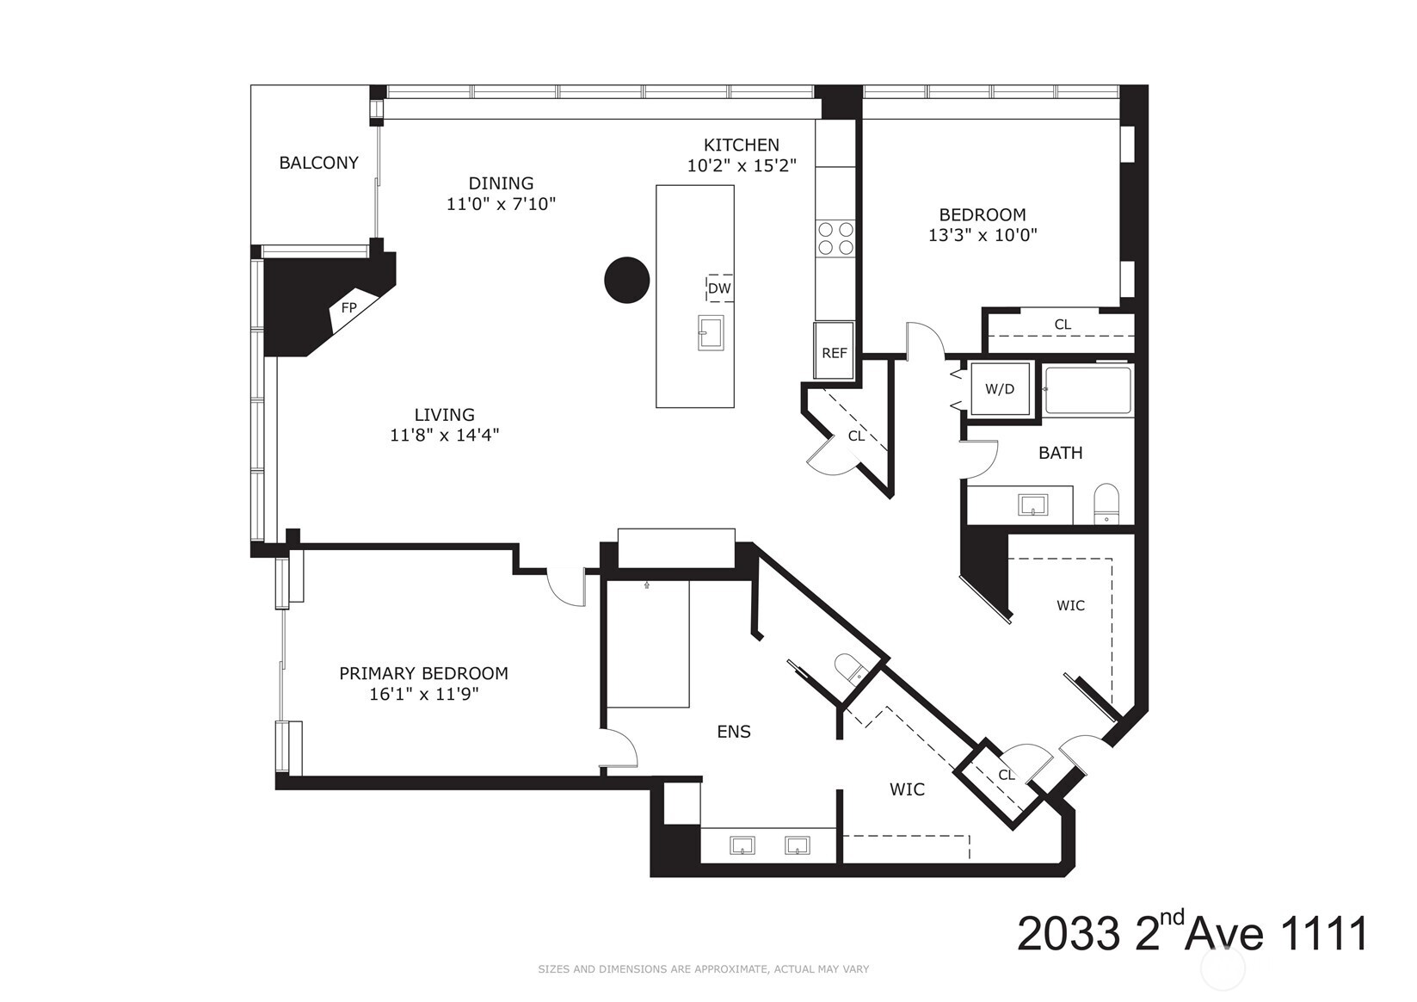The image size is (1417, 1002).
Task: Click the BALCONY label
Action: click(318, 163)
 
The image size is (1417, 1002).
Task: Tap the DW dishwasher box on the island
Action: click(719, 288)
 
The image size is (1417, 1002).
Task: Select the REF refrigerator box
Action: click(834, 351)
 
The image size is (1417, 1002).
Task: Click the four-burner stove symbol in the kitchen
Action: click(835, 238)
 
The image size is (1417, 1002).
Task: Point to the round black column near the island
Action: click(626, 280)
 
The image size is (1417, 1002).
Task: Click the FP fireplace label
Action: click(348, 307)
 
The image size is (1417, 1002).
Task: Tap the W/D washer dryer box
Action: click(999, 389)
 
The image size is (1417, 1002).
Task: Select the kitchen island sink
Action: click(711, 332)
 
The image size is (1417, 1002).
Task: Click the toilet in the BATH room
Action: click(1105, 504)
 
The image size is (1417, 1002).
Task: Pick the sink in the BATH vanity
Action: click(1032, 504)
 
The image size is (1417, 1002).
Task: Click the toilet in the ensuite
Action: click(850, 669)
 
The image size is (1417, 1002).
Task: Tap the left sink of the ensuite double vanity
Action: click(742, 845)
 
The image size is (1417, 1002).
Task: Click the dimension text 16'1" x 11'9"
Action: click(423, 695)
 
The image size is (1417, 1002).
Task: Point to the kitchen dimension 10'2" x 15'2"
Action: click(741, 166)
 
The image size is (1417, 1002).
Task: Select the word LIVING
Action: click(444, 415)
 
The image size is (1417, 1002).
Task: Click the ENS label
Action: click(734, 732)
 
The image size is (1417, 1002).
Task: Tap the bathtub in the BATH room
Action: click(1088, 392)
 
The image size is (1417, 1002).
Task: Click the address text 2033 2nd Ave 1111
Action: click(1192, 934)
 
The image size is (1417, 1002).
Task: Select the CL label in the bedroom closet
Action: click(1063, 325)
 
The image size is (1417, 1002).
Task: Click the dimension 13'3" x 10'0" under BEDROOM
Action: click(983, 235)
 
